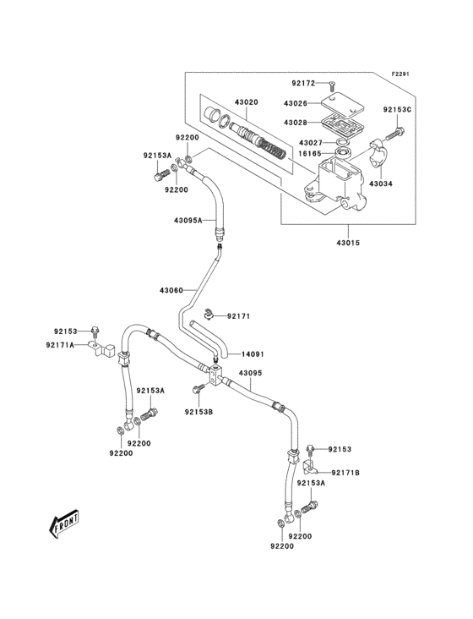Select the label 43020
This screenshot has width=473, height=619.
pos(247,102)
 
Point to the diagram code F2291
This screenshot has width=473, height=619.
pos(400,74)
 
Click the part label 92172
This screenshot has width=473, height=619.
pos(303,83)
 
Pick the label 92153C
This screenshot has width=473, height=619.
pos(397,109)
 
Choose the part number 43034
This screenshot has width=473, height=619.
pos(381,184)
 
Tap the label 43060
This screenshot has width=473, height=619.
pos(171,291)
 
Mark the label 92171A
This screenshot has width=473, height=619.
pos(61,345)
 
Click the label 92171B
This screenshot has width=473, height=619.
pos(345,472)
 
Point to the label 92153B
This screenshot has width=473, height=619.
pos(199,413)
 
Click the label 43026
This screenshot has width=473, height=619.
pos(296,103)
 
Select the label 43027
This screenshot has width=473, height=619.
pos(310,144)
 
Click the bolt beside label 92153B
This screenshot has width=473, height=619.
pos(198,390)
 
